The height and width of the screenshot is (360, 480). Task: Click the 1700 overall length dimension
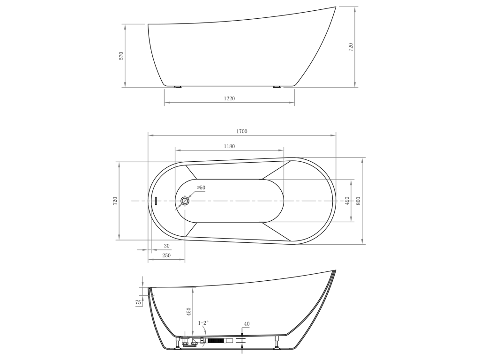tap(241, 132)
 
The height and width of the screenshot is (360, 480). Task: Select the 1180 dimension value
tap(229, 146)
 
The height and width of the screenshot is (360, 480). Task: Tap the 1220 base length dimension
tap(229, 98)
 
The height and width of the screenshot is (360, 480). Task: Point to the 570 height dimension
tap(121, 56)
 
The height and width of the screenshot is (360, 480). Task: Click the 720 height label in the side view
tap(351, 47)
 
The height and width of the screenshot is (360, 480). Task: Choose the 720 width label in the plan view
tap(115, 201)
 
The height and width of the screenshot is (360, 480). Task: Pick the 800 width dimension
tap(359, 201)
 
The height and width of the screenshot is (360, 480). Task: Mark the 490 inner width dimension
tap(347, 201)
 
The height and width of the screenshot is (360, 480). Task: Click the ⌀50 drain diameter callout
tap(201, 187)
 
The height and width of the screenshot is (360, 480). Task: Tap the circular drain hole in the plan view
tap(185, 201)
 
